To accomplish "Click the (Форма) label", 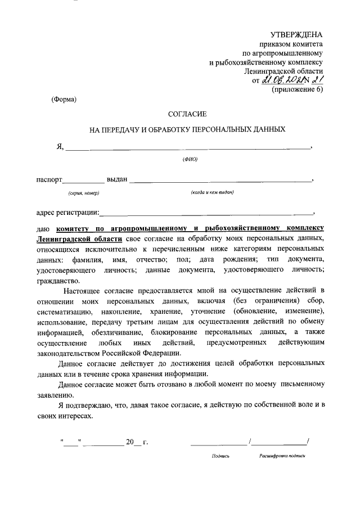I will click(64, 100).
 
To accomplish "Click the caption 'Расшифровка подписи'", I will click(282, 456).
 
